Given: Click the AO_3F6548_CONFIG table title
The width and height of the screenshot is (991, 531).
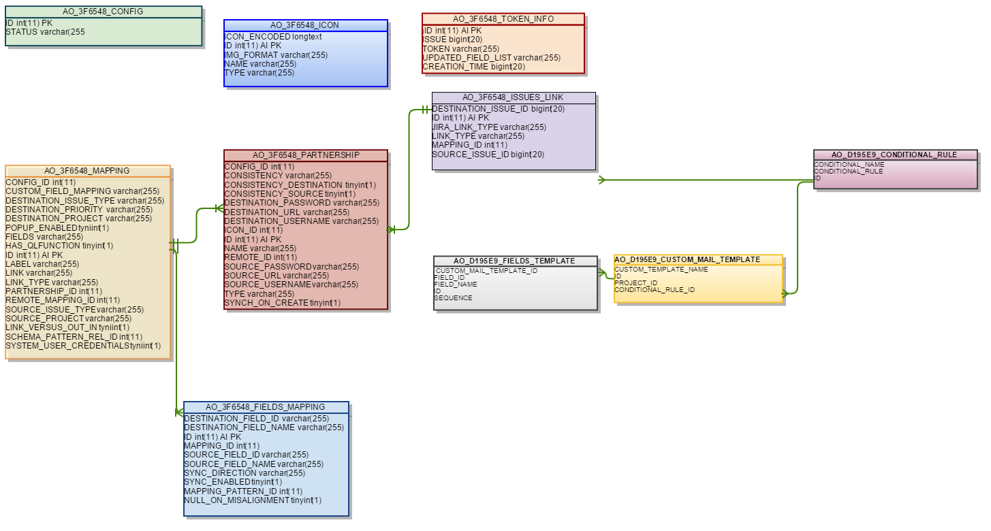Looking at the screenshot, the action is [x=103, y=12].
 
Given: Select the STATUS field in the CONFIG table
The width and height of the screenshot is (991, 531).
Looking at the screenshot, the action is [x=45, y=32].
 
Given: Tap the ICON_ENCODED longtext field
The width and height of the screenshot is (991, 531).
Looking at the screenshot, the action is [x=273, y=37].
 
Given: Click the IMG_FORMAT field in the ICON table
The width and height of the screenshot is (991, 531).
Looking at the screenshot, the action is [x=276, y=55].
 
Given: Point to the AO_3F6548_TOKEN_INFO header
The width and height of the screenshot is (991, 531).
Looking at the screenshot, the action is [x=503, y=19].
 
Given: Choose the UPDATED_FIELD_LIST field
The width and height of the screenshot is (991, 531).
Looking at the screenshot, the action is [x=492, y=58].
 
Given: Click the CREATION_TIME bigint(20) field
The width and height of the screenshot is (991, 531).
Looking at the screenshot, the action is [x=474, y=67].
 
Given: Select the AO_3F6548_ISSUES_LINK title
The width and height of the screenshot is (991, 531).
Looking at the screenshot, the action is [x=513, y=97].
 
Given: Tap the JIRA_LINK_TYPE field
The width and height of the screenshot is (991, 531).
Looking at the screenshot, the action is [x=489, y=127].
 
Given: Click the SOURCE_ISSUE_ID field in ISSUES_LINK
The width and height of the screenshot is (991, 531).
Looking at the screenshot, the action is [x=488, y=155].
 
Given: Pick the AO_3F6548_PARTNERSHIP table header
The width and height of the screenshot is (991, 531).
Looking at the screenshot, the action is [x=306, y=155].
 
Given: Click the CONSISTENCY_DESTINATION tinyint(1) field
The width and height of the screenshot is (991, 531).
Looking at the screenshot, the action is [x=300, y=184].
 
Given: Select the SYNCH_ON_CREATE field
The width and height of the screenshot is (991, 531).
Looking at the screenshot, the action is [x=282, y=303].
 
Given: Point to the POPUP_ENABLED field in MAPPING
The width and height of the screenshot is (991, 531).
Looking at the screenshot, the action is [x=57, y=227].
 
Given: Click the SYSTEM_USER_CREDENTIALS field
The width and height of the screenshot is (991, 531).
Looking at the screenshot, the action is [x=83, y=346].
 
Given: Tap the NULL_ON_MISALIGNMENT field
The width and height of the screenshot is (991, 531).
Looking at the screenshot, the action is [x=253, y=500].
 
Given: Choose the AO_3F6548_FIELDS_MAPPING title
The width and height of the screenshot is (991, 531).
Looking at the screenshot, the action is [x=265, y=407].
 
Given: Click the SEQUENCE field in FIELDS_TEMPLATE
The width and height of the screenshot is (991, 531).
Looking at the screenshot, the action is [x=454, y=298].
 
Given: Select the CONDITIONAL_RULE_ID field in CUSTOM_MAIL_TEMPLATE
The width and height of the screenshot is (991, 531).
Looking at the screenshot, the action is [x=655, y=290].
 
